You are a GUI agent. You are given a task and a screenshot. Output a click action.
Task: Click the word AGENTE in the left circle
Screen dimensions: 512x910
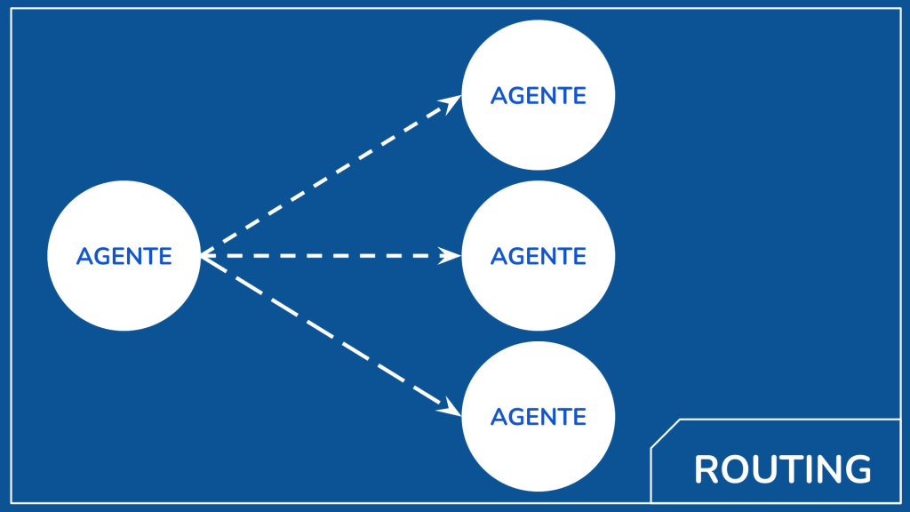pyautogui.click(x=124, y=256)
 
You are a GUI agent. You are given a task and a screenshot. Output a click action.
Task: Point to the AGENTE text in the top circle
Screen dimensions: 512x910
pyautogui.click(x=538, y=95)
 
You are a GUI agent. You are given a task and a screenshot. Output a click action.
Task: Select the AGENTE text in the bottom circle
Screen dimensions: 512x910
pyautogui.click(x=538, y=416)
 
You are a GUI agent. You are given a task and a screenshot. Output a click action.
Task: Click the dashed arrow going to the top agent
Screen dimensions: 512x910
pyautogui.click(x=329, y=175)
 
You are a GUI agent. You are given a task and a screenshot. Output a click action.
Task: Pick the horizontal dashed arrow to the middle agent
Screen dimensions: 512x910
pyautogui.click(x=329, y=256)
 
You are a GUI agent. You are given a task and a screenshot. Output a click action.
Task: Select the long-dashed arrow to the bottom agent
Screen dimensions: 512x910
pyautogui.click(x=329, y=336)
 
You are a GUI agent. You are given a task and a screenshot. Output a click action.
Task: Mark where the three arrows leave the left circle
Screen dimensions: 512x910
pyautogui.click(x=203, y=256)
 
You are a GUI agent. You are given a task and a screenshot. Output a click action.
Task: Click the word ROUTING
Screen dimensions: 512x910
pyautogui.click(x=782, y=469)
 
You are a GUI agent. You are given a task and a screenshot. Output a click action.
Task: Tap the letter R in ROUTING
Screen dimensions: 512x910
pyautogui.click(x=706, y=469)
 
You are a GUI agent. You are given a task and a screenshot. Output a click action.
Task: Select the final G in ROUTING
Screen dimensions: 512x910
pyautogui.click(x=857, y=469)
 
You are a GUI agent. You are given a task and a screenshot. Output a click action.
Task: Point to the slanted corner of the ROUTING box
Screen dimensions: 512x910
pyautogui.click(x=665, y=433)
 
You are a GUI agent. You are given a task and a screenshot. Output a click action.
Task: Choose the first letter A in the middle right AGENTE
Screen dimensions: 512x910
pyautogui.click(x=499, y=256)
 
